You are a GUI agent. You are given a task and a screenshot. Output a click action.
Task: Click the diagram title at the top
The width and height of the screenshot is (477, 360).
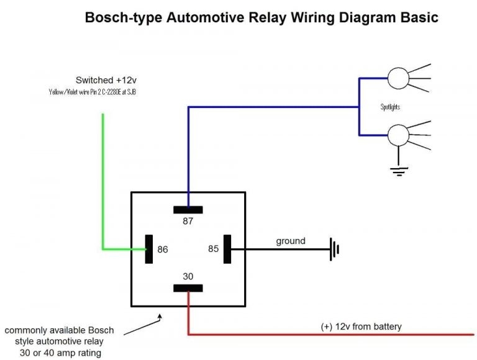click(x=261, y=17)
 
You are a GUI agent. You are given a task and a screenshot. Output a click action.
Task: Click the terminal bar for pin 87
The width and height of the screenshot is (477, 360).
click(x=188, y=209)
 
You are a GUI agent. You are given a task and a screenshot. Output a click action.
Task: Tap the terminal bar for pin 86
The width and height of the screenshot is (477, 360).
click(x=148, y=250)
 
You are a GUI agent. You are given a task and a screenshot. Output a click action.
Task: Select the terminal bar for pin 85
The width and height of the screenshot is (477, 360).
click(x=227, y=250)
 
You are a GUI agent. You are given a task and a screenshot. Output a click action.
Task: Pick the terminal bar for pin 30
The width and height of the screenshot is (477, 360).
click(x=188, y=288)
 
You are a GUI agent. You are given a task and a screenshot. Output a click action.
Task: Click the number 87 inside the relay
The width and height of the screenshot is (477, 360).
click(x=188, y=220)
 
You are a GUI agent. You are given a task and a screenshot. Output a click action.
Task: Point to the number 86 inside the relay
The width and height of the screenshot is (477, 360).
click(x=163, y=250)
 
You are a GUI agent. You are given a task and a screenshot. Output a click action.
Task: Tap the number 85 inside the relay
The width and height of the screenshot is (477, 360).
click(x=213, y=250)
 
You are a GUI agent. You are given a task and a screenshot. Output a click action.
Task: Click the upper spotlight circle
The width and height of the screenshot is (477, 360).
click(x=397, y=79)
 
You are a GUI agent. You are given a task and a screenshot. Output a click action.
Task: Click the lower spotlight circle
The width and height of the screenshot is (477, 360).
click(x=397, y=134)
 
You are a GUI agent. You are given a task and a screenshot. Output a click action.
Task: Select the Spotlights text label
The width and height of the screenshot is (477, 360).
click(x=390, y=107)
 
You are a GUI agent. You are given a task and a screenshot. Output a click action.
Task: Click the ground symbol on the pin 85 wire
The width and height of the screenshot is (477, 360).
click(x=335, y=250)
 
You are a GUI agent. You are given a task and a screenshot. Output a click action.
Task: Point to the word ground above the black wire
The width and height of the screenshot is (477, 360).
click(x=291, y=241)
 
